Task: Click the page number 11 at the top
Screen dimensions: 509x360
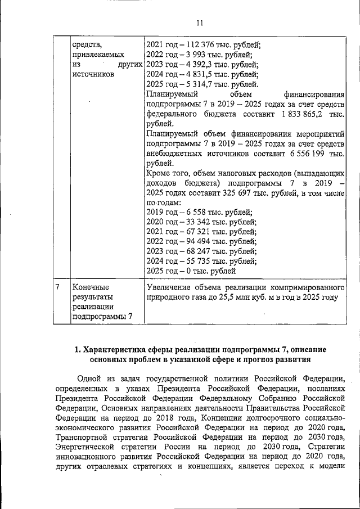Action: (x=200, y=23)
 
